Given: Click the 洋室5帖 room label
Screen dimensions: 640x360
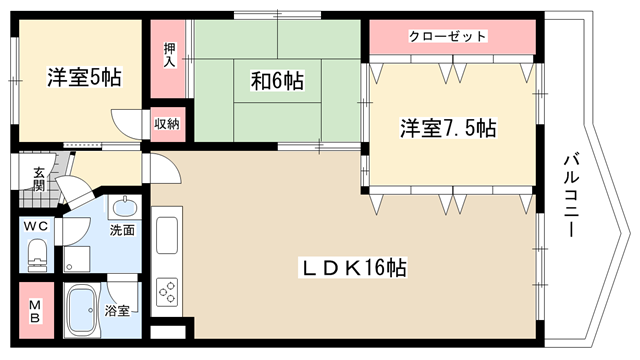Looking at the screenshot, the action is coord(84,77).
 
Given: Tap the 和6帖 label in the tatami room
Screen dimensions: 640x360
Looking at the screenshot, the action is coord(277,80).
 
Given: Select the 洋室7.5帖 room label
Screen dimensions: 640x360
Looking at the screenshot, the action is coord(448,128).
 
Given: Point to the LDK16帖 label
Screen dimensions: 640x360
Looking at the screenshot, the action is coord(353,268).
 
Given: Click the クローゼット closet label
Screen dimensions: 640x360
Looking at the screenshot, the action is coord(448,36).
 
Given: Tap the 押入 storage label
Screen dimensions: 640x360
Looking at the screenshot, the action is coord(170,55).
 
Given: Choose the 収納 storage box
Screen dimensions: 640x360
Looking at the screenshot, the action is coord(168,124).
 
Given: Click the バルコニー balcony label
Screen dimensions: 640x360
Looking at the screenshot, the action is coord(572,196).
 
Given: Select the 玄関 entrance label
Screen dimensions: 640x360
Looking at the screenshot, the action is coord(39,179).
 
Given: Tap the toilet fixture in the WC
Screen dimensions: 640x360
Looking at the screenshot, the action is coord(37,255).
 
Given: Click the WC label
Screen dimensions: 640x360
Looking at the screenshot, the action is coord(36,226).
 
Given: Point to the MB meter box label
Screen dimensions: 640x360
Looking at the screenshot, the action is coord(35,311).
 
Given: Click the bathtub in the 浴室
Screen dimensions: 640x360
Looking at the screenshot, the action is coord(82,310).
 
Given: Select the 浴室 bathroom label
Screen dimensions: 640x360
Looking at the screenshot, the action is coord(117,311).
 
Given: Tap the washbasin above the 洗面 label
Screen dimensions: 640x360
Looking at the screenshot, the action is coord(124,208).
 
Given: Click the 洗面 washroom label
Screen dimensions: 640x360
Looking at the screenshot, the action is coord(122,230).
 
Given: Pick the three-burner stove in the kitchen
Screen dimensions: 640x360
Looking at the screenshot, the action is coord(167,292).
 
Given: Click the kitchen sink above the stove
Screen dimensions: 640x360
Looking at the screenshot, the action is coord(167,235).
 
